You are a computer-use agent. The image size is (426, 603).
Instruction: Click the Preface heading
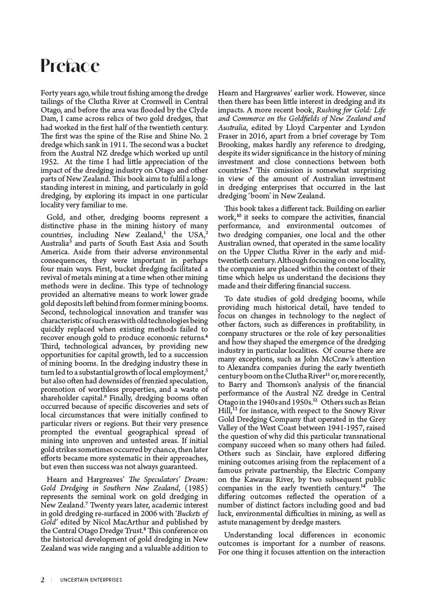pos(70,66)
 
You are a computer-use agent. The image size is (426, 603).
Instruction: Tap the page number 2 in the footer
pos(43,580)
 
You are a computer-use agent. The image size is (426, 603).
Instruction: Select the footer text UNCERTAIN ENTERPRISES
pos(91,580)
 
